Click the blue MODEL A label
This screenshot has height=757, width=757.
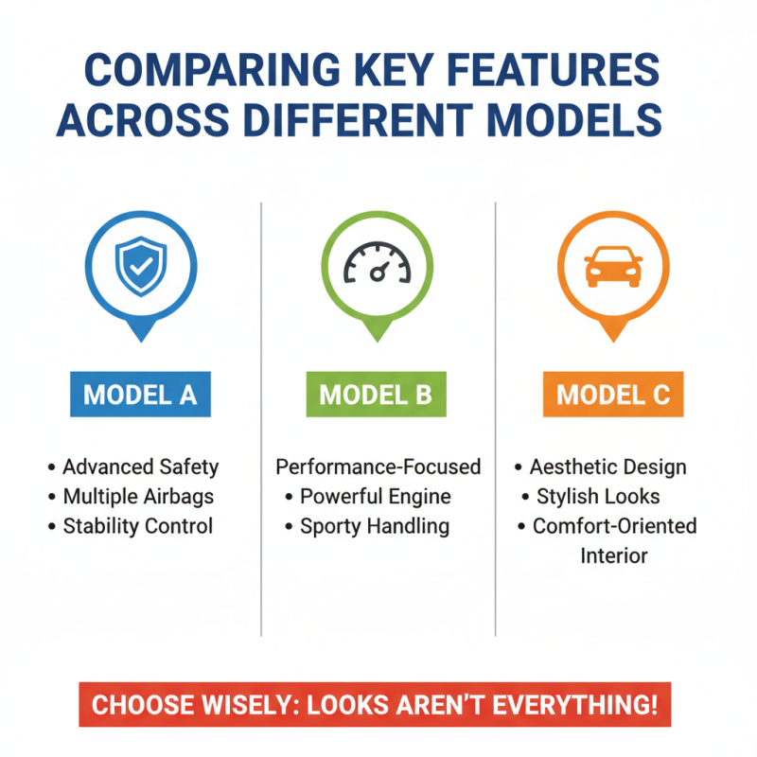coord(140,394)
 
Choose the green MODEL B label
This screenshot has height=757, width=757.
coord(376,394)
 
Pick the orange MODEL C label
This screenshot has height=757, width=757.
coord(613,394)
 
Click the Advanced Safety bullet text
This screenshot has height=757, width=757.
coord(140,467)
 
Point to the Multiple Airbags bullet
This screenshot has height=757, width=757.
coord(138,497)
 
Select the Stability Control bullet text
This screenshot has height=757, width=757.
coord(137,526)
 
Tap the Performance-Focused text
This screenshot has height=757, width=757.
coord(378,467)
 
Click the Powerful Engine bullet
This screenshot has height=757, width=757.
coord(376,497)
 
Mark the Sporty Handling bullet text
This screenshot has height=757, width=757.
coord(374,526)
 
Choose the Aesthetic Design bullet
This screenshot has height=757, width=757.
coord(607,467)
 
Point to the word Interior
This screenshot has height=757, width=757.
coord(613,555)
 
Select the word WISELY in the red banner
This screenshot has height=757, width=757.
coord(262,706)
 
